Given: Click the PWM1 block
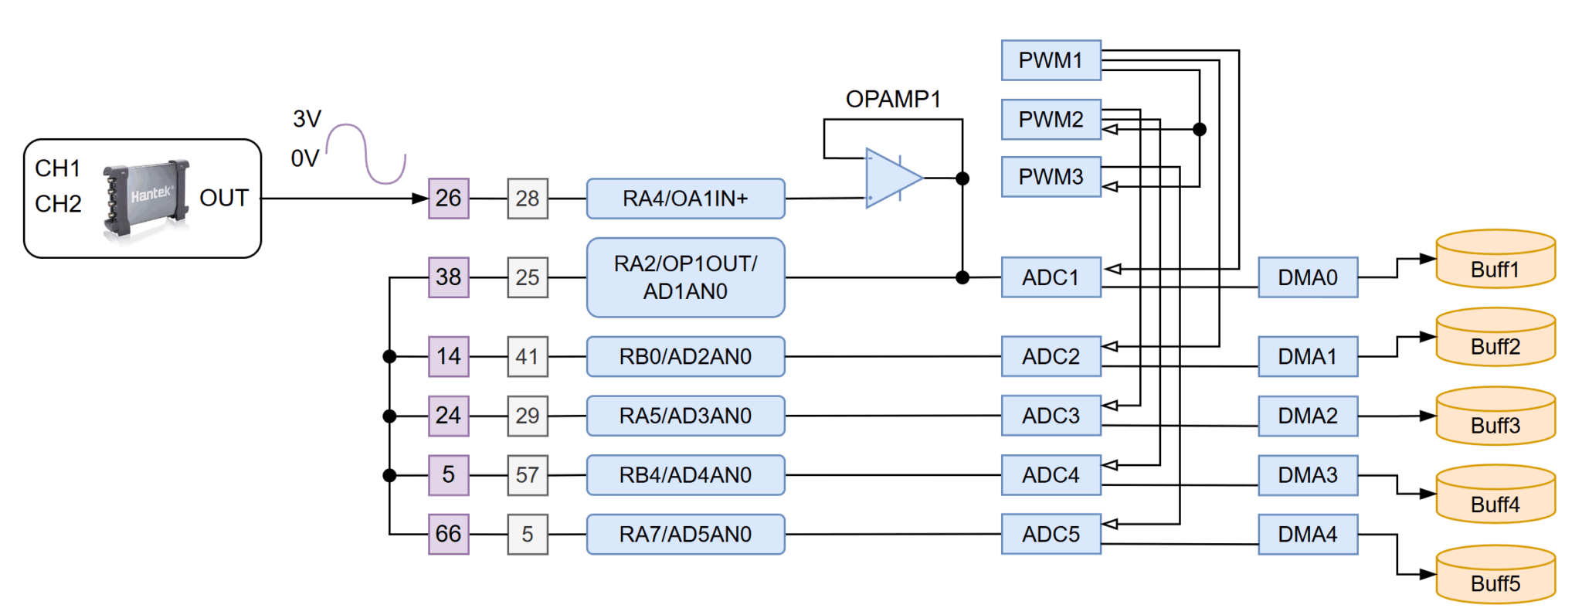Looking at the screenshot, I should tap(1051, 60).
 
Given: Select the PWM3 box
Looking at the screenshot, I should tap(1051, 177).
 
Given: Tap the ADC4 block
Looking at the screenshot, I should tap(1051, 475).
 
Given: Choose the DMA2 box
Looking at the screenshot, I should tap(1307, 416).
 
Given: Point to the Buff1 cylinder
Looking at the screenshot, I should tap(1495, 260).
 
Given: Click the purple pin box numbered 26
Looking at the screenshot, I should tap(448, 199).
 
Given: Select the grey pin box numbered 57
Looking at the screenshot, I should tap(528, 475).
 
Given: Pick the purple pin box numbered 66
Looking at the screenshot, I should tap(448, 534).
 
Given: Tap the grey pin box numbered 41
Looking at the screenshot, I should tap(528, 356).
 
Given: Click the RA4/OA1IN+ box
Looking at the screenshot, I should tap(685, 199).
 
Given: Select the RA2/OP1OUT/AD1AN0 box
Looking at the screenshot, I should tap(685, 277).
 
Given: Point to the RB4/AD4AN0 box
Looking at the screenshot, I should tap(685, 475).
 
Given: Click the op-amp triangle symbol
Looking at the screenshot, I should tap(890, 178).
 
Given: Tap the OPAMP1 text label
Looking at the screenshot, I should tap(893, 99).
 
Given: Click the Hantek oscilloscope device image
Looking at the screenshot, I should tap(146, 199).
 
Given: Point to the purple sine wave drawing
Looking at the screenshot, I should tap(366, 154).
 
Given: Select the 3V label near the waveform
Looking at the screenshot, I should tap(307, 119).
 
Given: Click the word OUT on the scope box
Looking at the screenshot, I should tap(224, 199).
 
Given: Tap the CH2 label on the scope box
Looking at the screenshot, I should tap(58, 204).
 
